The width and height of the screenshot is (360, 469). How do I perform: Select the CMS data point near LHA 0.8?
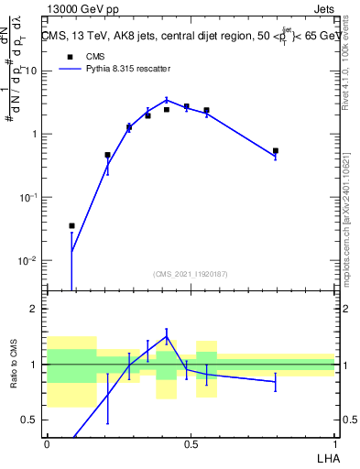[276, 151]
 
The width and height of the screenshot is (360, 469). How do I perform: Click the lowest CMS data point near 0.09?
[72, 225]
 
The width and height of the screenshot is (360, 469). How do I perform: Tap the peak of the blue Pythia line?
[166, 100]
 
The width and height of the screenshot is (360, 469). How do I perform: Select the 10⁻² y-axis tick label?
[29, 261]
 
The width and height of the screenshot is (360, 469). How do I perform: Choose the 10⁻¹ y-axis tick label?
[29, 198]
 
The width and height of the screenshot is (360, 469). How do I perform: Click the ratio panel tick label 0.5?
[32, 420]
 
